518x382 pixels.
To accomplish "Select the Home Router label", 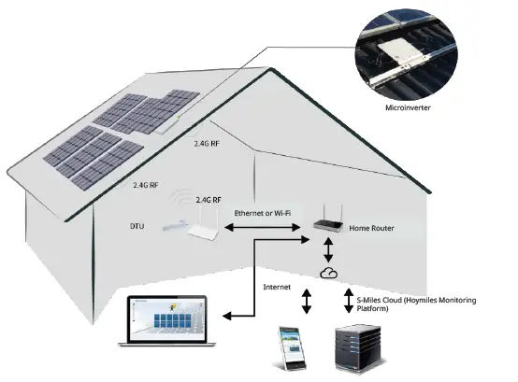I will [370, 227].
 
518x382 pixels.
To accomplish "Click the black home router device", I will [326, 224].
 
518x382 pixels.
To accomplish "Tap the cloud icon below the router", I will [327, 272].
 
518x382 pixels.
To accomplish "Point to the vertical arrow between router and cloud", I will [327, 249].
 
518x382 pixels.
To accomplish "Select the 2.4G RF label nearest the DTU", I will [209, 200].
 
